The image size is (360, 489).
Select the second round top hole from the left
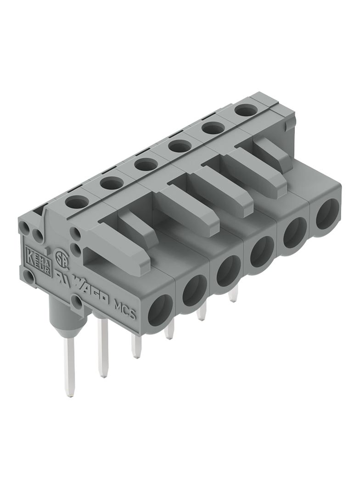(112, 183)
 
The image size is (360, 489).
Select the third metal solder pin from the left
(135, 346)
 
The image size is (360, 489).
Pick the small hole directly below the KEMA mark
(30, 277)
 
